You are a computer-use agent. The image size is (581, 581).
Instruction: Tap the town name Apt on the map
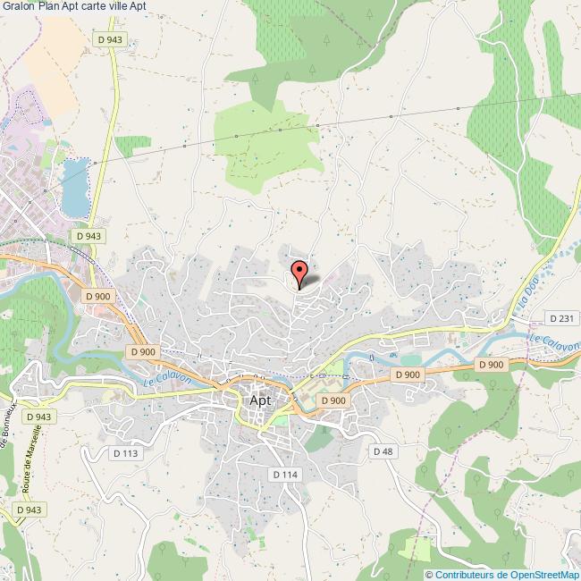[259, 400]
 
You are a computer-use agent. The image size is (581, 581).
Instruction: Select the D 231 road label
[561, 318]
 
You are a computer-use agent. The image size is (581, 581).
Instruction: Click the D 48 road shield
[383, 450]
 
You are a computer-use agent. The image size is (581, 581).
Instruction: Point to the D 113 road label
[126, 453]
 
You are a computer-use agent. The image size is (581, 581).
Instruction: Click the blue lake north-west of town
[76, 188]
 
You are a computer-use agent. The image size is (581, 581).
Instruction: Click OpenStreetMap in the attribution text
[543, 574]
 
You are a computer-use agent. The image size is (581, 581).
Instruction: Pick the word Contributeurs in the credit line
[463, 574]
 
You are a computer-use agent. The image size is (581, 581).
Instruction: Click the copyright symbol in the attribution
[429, 574]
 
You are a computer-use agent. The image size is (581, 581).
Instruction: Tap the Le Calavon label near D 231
[554, 342]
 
